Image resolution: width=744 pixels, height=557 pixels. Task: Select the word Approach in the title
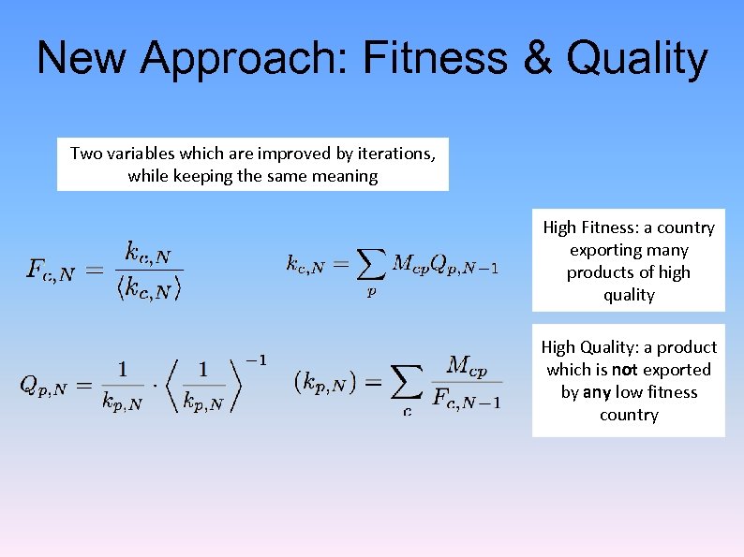(x=244, y=60)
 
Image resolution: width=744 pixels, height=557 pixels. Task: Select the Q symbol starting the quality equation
(x=30, y=385)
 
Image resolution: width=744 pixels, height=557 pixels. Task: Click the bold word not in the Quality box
(x=625, y=370)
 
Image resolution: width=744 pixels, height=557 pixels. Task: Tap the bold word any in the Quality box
(x=596, y=392)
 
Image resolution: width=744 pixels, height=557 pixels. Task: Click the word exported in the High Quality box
(x=677, y=370)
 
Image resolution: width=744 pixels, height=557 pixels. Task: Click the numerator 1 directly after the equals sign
(x=123, y=368)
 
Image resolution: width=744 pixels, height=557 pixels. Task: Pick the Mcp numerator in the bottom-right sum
(x=467, y=365)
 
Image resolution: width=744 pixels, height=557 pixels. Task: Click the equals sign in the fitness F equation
(x=94, y=271)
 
